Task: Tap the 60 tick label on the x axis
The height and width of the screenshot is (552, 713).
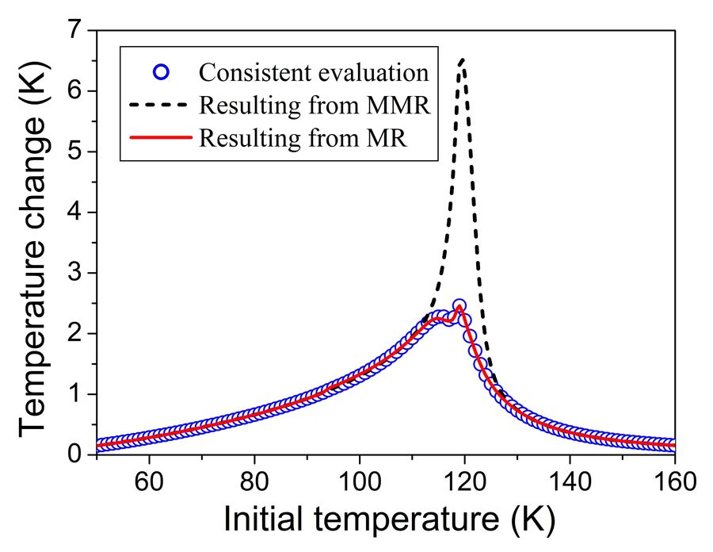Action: (148, 481)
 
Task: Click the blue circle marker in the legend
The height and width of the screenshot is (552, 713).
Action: (161, 73)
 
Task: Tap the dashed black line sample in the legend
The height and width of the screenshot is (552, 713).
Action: (161, 105)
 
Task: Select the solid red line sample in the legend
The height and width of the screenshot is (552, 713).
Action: (161, 136)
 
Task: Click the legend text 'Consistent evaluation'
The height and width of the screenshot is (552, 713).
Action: (314, 73)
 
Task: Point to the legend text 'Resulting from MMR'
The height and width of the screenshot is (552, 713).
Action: (315, 105)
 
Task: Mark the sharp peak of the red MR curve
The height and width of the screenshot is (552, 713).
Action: (459, 306)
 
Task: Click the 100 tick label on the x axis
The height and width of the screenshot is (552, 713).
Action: (359, 481)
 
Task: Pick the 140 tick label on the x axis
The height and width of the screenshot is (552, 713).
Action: (570, 481)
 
